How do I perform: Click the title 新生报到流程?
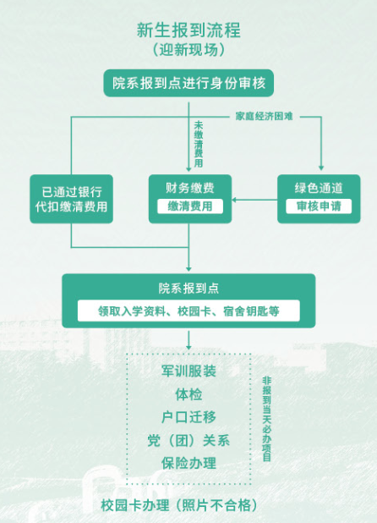coord(188,30)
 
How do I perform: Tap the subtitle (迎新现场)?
coord(188,50)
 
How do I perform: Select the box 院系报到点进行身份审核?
coord(188,83)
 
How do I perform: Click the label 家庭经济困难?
coord(264,116)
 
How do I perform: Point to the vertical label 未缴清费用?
coord(199,144)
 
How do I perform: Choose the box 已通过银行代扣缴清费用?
coord(71,199)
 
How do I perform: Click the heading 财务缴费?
coord(190,188)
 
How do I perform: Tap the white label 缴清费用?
coord(190,206)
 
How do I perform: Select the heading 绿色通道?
coord(319,188)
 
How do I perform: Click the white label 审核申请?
coord(319,206)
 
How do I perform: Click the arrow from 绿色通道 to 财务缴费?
coord(254,200)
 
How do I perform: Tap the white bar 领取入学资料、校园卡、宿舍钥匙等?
coord(188,311)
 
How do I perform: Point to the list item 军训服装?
coord(188,371)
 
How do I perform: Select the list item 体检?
coord(188,394)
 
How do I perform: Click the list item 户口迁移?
coord(188,417)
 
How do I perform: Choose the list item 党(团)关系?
coord(188,440)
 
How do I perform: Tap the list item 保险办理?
coord(188,463)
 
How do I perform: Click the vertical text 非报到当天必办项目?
coord(267,419)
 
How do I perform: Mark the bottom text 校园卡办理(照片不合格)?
coord(180,505)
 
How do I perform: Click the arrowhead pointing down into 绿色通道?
coord(321,168)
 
